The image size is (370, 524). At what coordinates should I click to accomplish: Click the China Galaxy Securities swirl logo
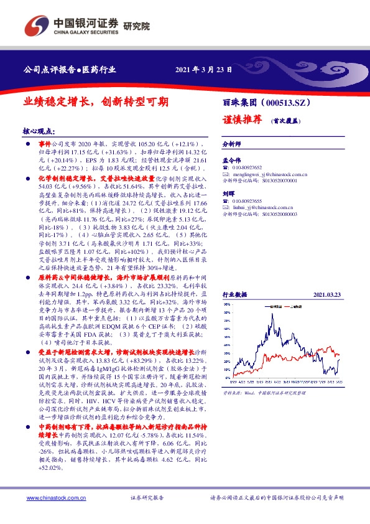click(x=36, y=26)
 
